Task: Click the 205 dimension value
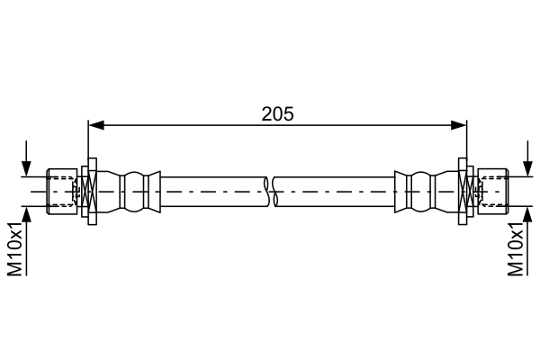pos(277,114)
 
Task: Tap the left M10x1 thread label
pos(15,249)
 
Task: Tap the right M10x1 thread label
pos(516,249)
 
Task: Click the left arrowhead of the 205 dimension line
pos(96,125)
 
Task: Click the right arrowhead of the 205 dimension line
pos(459,125)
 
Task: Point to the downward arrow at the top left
pos(26,158)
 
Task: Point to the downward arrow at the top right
pos(527,158)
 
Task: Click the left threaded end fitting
pos(62,192)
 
